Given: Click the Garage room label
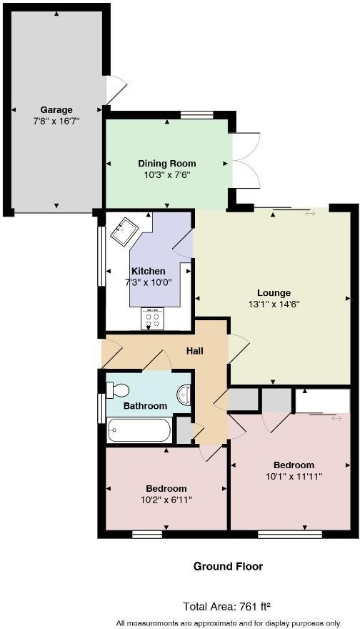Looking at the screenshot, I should tap(56, 110).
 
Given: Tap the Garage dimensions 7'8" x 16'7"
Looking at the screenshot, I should tap(56, 121).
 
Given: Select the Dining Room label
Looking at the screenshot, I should tap(166, 164).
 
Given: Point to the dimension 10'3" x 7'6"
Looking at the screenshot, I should tap(166, 174).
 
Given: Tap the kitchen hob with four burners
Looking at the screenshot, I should tap(151, 317).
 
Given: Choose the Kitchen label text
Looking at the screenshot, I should tap(148, 272).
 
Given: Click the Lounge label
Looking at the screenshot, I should tap(274, 292).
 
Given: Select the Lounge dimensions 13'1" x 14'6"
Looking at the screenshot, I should tap(274, 304).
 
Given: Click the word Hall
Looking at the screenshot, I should tap(195, 351).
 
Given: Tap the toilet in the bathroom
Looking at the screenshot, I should tap(117, 390).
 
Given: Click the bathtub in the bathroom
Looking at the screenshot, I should tap(139, 431).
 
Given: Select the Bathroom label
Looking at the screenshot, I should tap(145, 406).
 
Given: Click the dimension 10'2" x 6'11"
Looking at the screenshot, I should tap(166, 500).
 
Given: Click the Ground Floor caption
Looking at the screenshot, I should tap(228, 566).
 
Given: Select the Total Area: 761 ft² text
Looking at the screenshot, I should tap(226, 607).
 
